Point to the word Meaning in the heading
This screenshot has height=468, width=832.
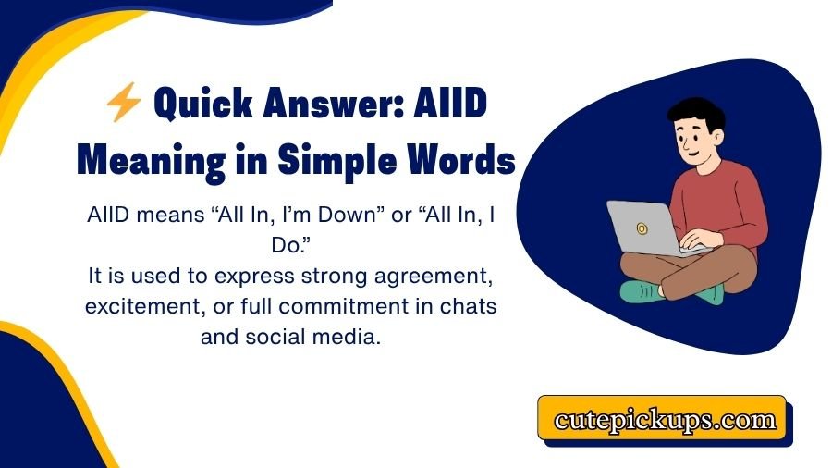pos(147,159)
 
